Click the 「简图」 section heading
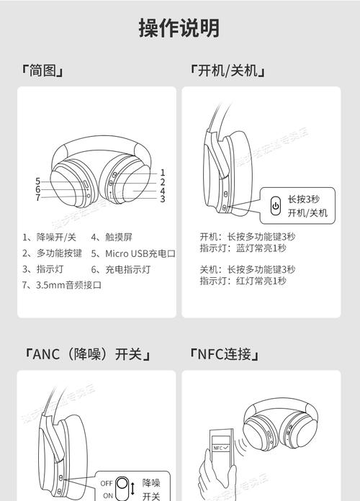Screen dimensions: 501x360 [42, 71]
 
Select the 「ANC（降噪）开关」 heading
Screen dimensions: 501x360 [86, 354]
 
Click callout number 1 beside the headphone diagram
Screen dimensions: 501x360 [163, 172]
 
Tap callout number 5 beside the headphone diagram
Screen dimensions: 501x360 [37, 181]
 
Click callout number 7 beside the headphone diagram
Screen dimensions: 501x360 [37, 197]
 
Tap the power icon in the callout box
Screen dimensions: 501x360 [275, 206]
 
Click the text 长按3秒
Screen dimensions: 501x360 [303, 199]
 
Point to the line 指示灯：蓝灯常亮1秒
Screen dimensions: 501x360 [243, 248]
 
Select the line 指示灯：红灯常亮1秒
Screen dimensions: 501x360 [243, 281]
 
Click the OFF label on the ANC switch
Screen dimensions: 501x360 [107, 483]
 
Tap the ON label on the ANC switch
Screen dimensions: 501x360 [107, 495]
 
